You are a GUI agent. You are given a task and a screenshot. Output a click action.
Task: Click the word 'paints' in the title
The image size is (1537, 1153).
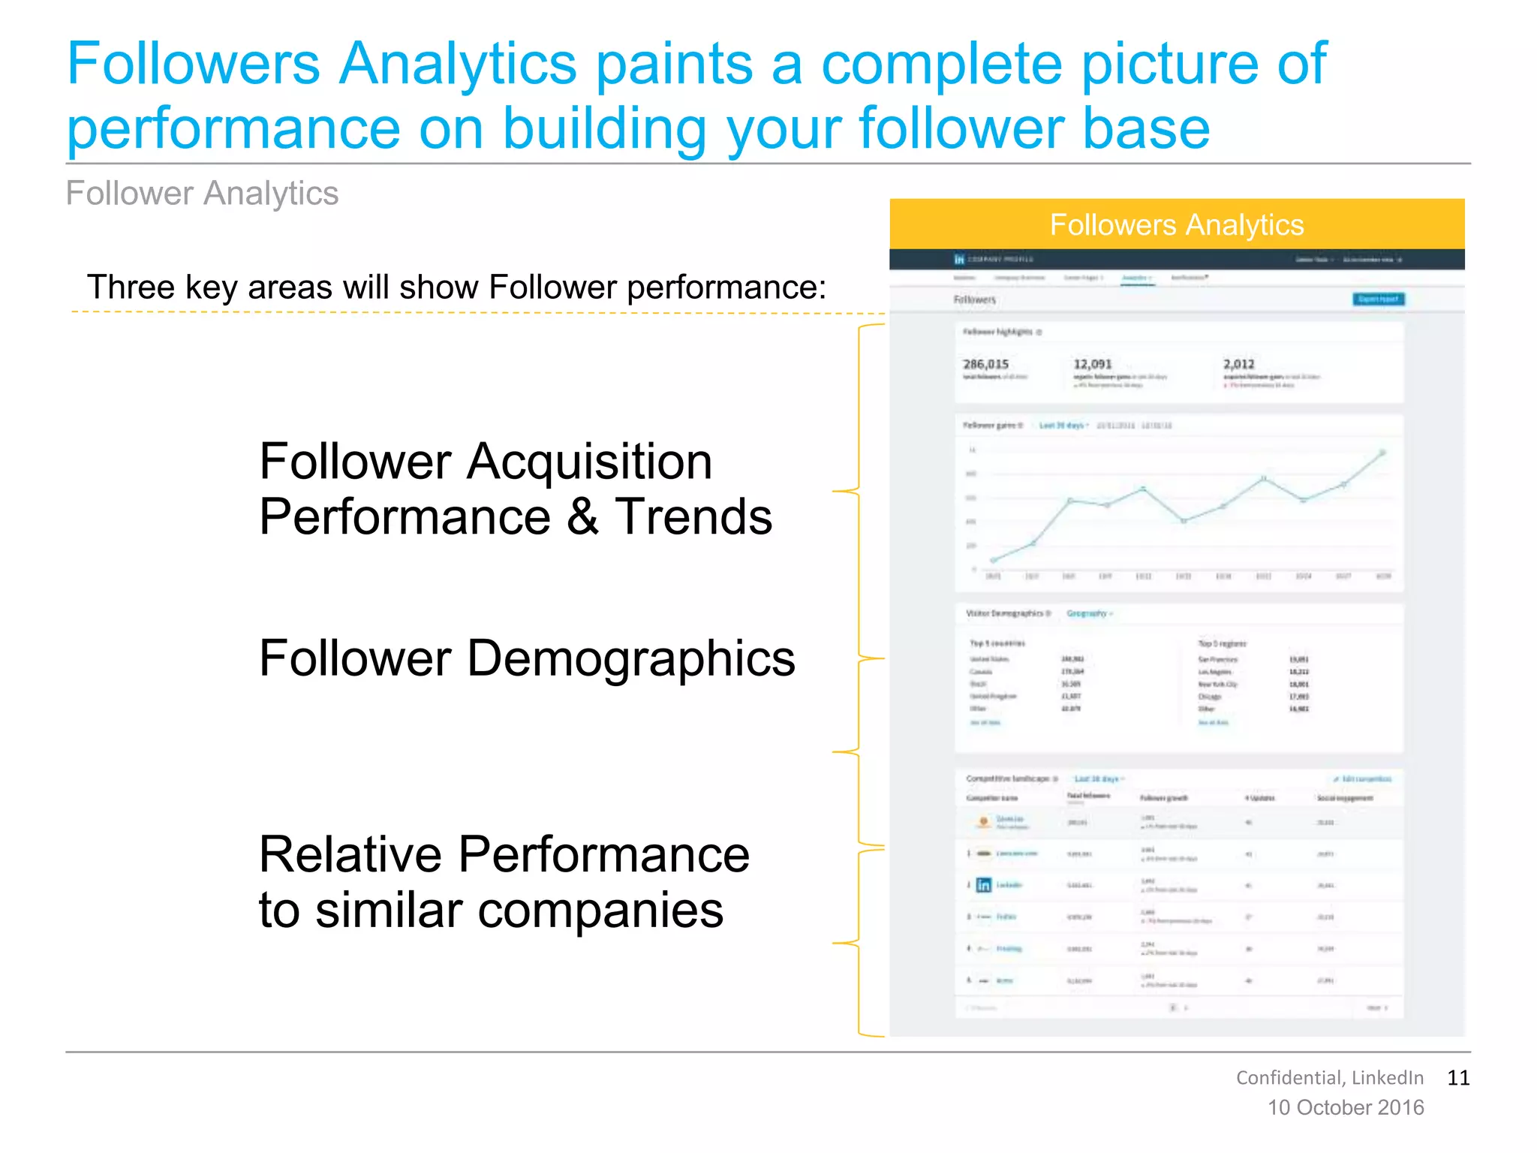coord(673,65)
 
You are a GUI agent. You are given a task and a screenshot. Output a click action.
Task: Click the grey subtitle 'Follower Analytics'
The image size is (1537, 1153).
coord(202,194)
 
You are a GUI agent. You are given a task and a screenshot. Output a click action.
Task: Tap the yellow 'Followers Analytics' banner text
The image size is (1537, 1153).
coord(1176,225)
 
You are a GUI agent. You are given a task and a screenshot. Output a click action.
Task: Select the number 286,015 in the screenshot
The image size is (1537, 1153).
coord(985,364)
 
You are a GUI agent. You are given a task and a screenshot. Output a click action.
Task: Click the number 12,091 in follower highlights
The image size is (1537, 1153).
coord(1092,364)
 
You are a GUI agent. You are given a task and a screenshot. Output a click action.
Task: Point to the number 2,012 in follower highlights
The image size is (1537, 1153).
coord(1238,364)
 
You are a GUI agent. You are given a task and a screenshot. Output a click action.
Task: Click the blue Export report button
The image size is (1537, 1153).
coord(1378,299)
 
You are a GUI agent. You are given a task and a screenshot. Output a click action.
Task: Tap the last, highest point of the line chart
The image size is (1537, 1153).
coord(1382,453)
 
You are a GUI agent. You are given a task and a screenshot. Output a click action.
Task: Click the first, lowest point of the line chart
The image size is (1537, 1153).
coord(994,560)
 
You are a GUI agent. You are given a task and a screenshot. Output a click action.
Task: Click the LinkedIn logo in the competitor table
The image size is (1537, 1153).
coord(983,885)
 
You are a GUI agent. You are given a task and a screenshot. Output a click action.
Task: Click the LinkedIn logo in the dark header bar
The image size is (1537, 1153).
coord(958,259)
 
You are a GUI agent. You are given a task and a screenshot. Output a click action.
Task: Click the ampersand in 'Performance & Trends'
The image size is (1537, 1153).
coord(583,516)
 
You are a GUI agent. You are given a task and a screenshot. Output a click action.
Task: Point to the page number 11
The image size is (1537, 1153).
coord(1457,1078)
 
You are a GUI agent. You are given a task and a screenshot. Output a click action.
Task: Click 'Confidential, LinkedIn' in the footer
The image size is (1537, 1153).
coord(1329,1078)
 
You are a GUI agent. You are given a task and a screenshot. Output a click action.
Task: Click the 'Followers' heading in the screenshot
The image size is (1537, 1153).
coord(974,300)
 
